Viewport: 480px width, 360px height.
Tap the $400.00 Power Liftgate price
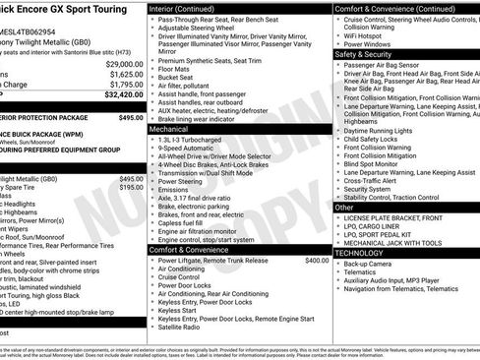tap(316, 261)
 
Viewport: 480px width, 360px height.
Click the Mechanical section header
tap(169, 129)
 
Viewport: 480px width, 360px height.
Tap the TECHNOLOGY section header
tap(360, 253)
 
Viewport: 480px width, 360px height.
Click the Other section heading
tap(343, 208)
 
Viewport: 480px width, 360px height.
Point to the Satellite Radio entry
tap(184, 328)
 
